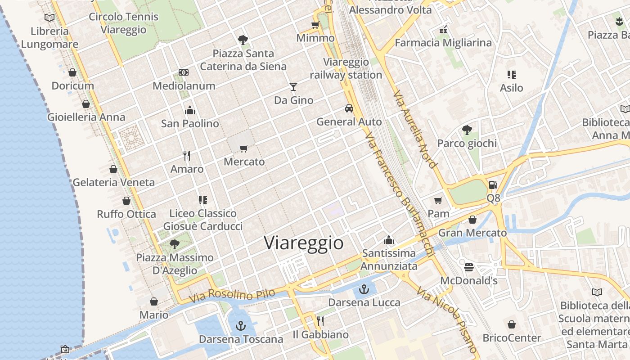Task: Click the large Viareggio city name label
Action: tap(304, 243)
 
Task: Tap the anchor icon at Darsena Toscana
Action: tap(241, 325)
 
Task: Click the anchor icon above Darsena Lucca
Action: tap(364, 289)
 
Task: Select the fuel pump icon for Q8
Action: tap(493, 184)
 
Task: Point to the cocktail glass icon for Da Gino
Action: tap(293, 86)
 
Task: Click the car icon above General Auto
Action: tap(349, 108)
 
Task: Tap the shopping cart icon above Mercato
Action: tap(244, 148)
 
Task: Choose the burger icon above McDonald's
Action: tap(468, 267)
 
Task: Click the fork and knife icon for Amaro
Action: tap(187, 156)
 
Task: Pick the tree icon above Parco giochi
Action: tap(467, 130)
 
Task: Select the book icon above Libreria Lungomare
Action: tap(49, 18)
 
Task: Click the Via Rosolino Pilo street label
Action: tap(232, 296)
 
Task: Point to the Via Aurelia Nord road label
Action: tap(414, 130)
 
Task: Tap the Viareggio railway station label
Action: tap(346, 68)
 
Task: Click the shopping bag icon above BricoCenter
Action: tap(512, 324)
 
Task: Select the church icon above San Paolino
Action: tap(190, 110)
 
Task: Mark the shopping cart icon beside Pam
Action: tap(438, 200)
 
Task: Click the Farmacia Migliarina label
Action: tap(443, 43)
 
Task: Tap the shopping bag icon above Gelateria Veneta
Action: tap(113, 169)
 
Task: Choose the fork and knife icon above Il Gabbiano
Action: tap(320, 321)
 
